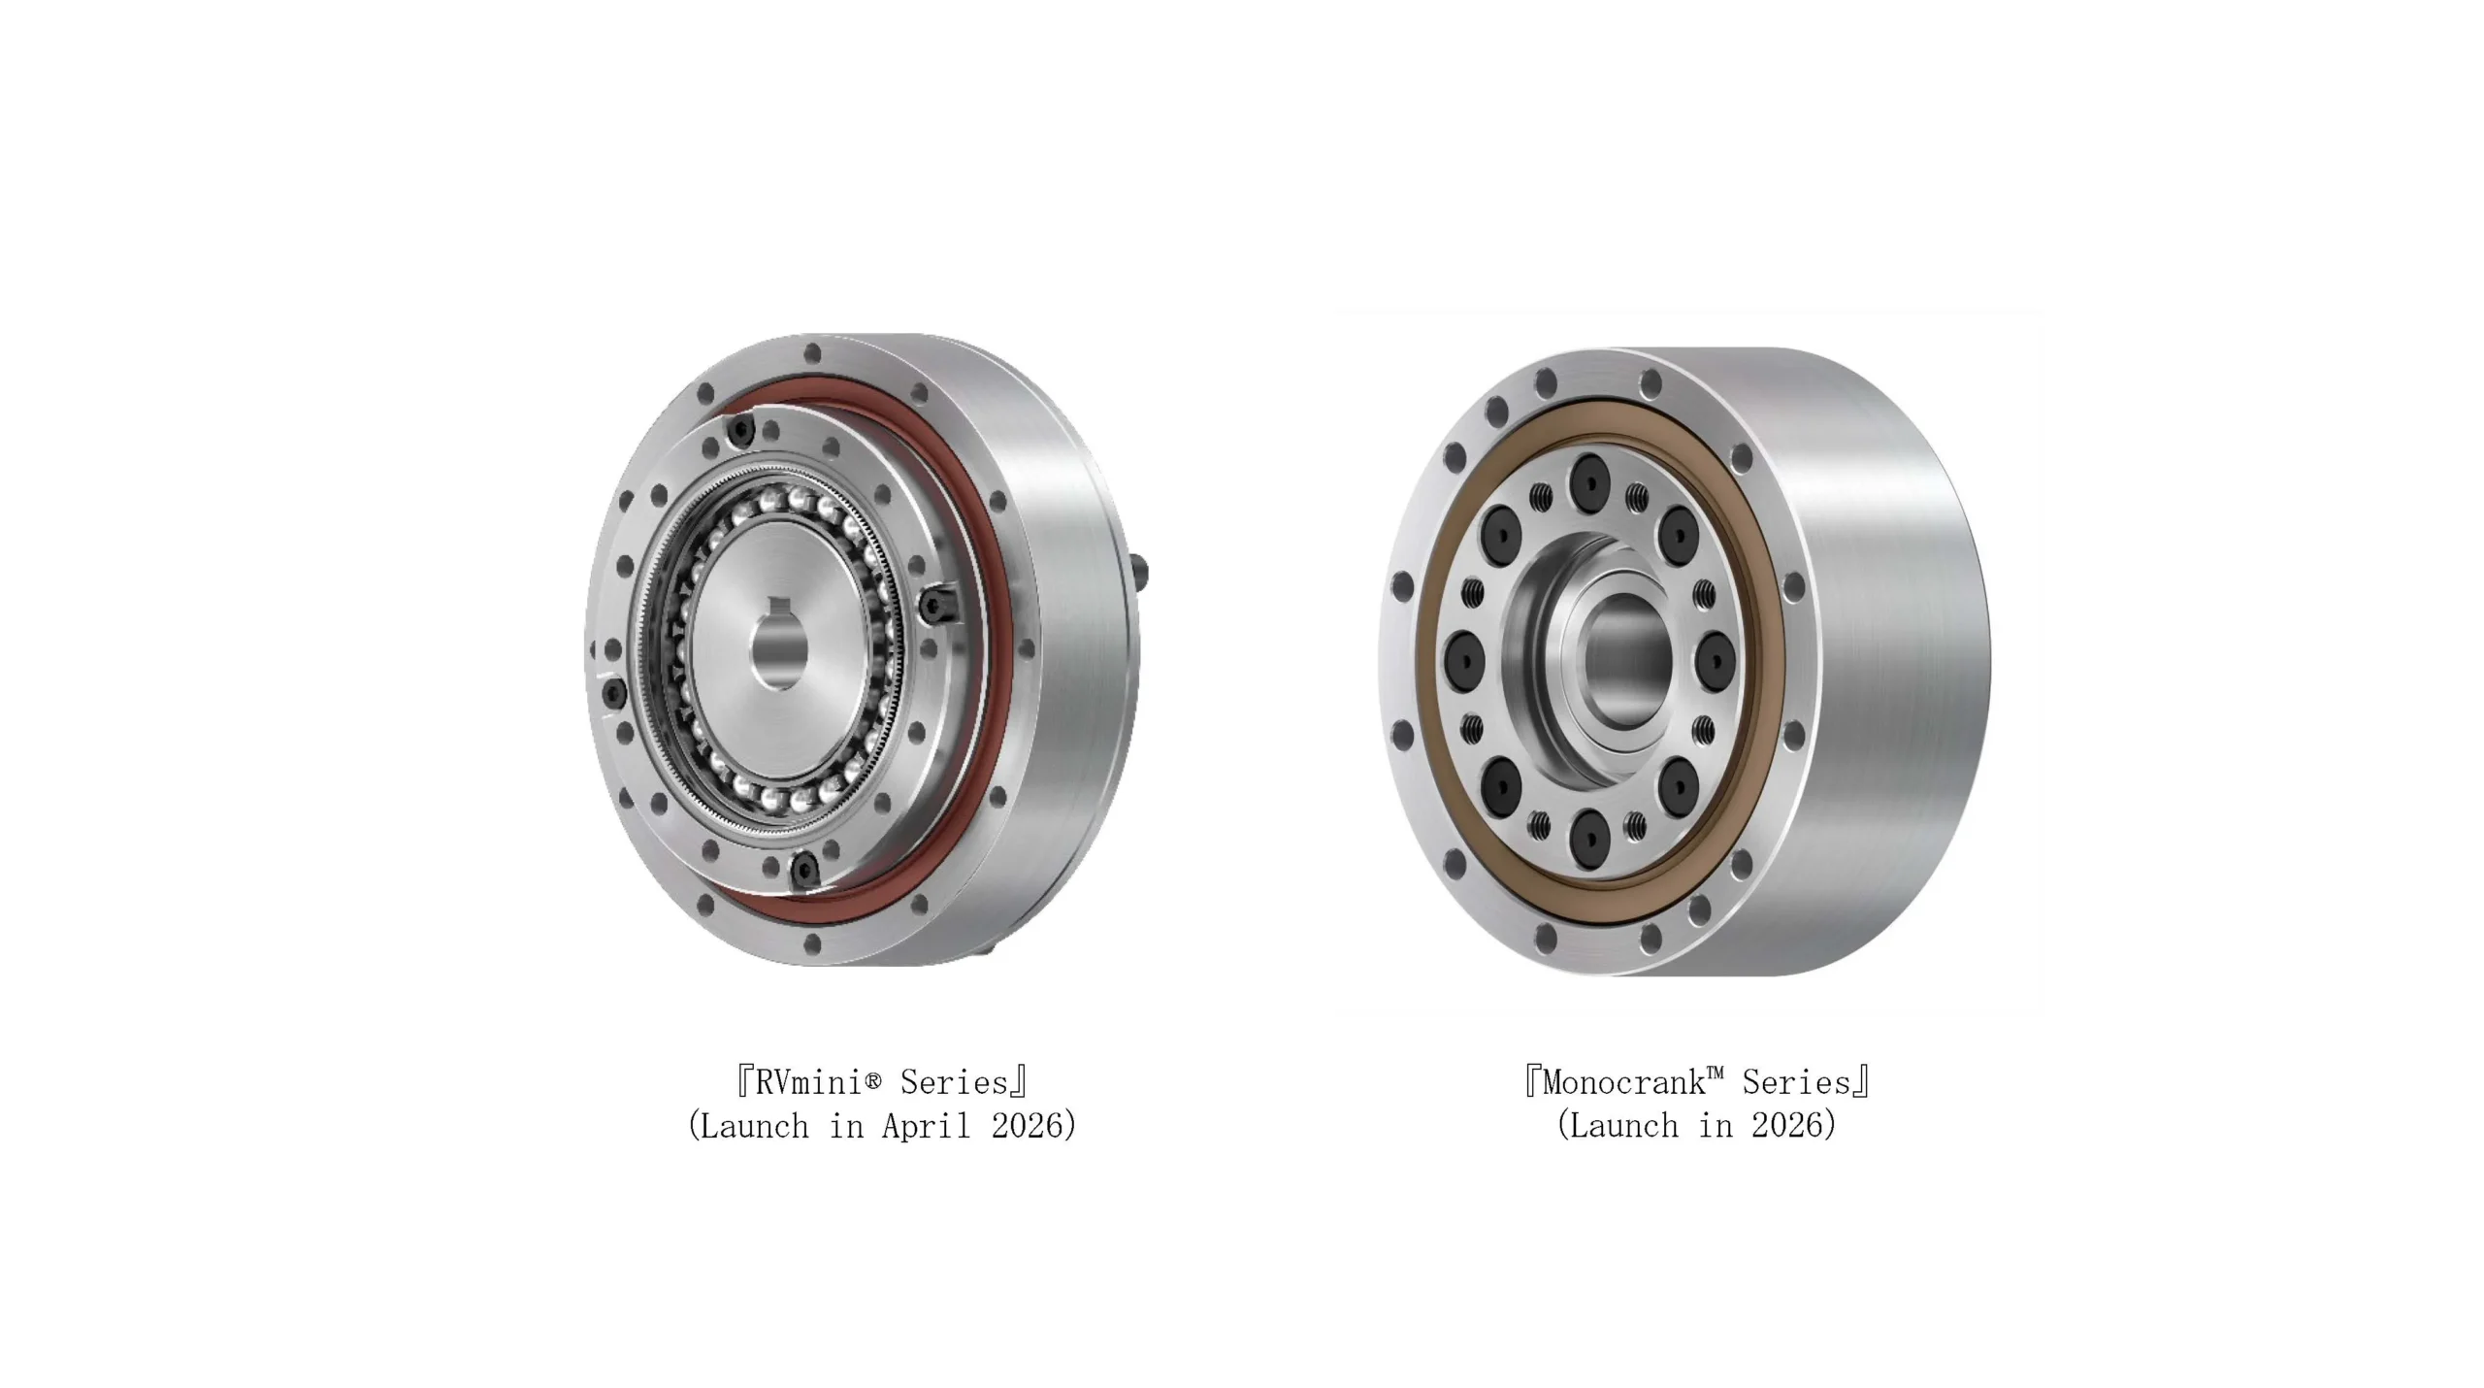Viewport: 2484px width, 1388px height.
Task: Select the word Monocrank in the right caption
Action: click(1622, 1082)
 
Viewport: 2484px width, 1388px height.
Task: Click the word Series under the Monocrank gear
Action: click(1797, 1082)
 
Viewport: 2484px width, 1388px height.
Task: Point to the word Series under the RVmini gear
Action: click(955, 1082)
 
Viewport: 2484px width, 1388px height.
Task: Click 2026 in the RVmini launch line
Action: click(1028, 1126)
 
